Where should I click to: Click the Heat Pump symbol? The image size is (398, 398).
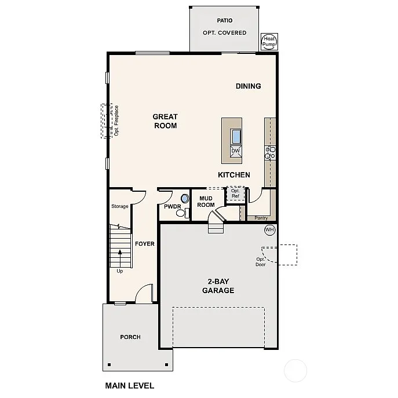[x=269, y=41]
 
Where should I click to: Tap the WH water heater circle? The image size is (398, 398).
[x=269, y=230]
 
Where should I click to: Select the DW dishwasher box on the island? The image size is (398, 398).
[x=235, y=151]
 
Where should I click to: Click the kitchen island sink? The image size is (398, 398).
[x=236, y=137]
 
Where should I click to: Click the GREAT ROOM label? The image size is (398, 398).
[x=165, y=121]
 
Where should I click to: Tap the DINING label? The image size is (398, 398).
[x=248, y=86]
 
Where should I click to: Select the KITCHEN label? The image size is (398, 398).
[x=234, y=175]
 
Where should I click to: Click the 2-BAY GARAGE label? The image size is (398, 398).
[x=218, y=286]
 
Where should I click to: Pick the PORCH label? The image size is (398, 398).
[x=130, y=337]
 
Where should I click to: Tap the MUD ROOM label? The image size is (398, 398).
[x=206, y=201]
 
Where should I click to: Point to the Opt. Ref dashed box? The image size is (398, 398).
[x=235, y=193]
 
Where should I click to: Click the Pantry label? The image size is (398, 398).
[x=261, y=218]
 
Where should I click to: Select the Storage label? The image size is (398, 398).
[x=120, y=207]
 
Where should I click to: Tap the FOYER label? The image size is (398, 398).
[x=145, y=244]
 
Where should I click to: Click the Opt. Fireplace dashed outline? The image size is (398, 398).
[x=106, y=121]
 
